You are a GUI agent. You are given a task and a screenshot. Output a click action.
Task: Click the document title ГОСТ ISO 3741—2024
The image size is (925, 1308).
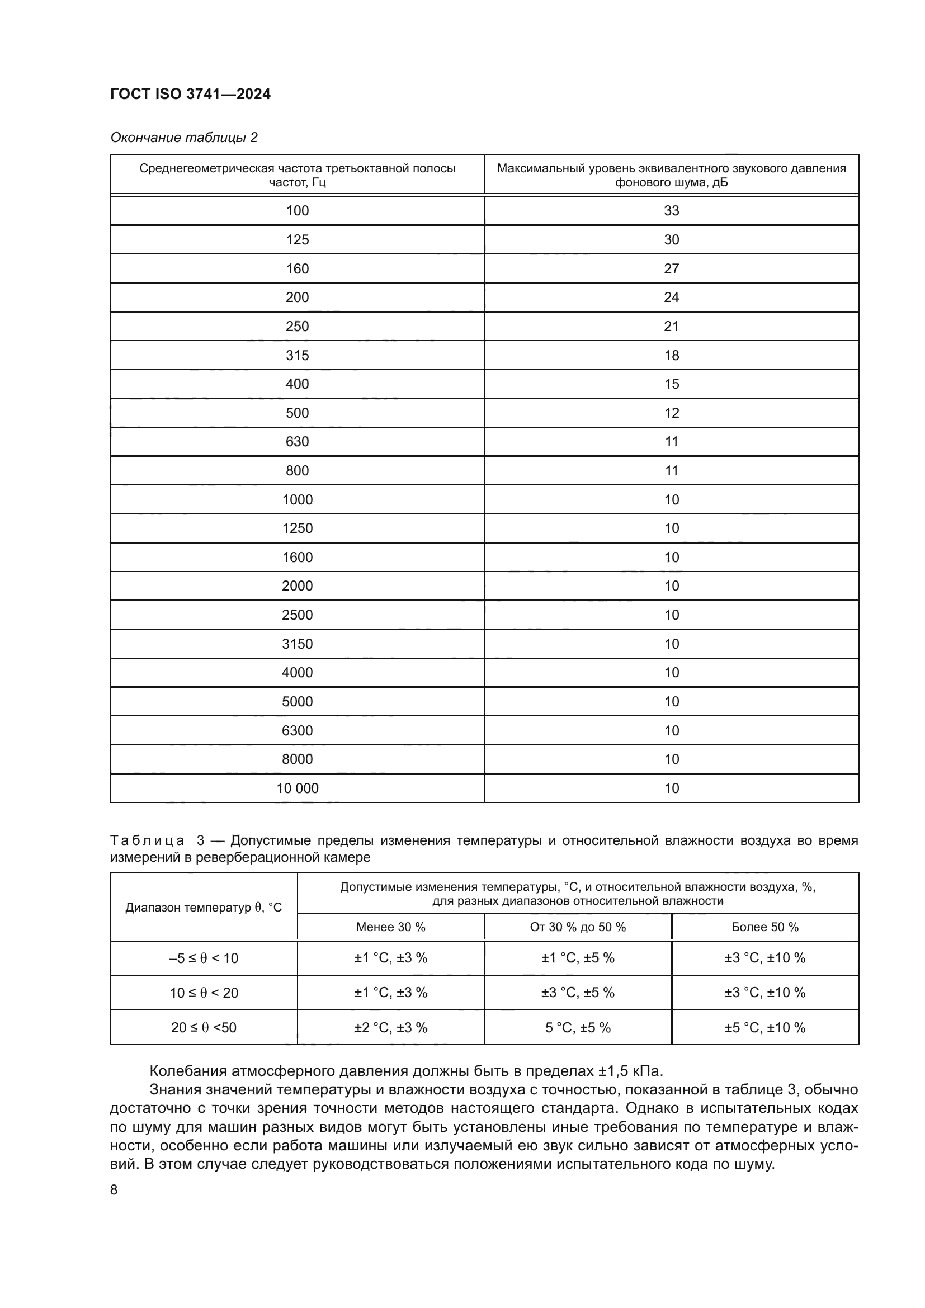pos(190,94)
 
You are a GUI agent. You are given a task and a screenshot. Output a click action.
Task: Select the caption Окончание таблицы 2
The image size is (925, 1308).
pos(183,138)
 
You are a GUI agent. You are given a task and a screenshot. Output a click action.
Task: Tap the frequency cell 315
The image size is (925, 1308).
pos(298,356)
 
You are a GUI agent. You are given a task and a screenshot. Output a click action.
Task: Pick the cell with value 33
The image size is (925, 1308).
pos(672,211)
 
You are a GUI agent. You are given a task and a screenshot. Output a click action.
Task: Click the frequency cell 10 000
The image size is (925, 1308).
pos(298,788)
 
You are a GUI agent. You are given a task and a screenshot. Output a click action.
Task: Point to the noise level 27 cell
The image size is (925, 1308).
pos(672,269)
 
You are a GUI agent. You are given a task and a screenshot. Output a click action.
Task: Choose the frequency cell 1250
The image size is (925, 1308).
pos(298,528)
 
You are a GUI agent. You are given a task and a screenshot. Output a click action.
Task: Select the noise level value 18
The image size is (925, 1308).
pos(672,356)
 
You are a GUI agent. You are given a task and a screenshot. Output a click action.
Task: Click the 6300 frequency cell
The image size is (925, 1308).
pos(298,731)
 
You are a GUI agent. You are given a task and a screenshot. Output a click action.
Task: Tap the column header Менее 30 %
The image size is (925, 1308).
pos(391,927)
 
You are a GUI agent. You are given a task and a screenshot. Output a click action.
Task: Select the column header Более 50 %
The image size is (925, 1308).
pos(765,927)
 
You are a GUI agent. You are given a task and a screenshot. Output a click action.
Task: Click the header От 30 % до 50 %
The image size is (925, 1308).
pos(578,927)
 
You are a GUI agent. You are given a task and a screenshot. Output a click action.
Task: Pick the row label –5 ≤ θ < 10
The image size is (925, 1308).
pos(204,958)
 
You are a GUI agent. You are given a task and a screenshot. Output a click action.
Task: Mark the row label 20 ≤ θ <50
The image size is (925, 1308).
pos(204,1028)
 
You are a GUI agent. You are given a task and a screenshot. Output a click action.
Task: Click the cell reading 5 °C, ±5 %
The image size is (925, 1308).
pos(578,1028)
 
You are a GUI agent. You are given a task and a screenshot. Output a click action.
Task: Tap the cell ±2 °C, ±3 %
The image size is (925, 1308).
pos(391,1028)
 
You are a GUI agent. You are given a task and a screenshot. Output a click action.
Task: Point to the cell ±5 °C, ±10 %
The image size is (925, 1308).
pos(765,1028)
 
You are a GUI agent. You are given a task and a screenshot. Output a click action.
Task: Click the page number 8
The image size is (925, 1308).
pos(114,1190)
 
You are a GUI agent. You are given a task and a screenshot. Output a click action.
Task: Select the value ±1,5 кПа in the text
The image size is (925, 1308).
pos(630,1071)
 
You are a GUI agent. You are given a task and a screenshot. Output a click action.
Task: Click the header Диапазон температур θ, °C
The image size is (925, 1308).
pos(204,908)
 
